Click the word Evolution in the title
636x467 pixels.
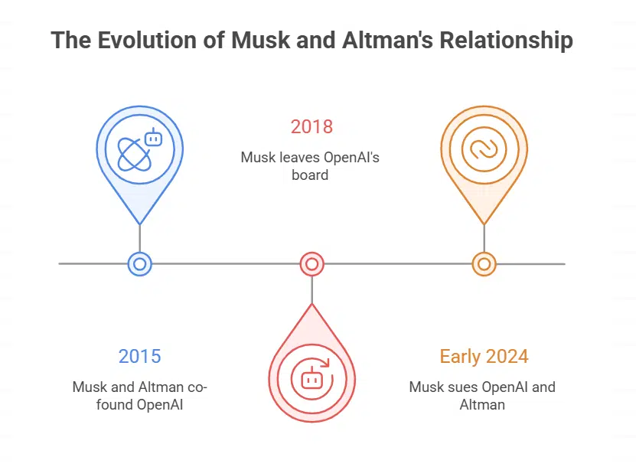(133, 41)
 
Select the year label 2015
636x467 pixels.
(139, 356)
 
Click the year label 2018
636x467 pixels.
(311, 126)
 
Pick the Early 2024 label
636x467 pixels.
(484, 356)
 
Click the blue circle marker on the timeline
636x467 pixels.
(139, 264)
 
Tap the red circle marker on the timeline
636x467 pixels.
(311, 264)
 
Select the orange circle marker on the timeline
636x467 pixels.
(484, 264)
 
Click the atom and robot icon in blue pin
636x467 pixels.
(139, 149)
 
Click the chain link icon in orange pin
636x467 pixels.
(484, 149)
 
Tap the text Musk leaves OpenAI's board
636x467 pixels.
(311, 166)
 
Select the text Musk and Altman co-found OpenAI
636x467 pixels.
(139, 395)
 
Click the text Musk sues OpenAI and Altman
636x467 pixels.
(482, 395)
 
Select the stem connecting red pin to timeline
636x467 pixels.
(311, 290)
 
